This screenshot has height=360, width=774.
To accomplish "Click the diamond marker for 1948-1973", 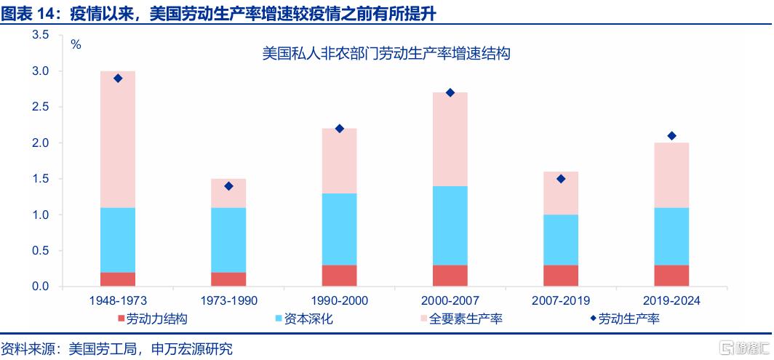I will [x=118, y=78].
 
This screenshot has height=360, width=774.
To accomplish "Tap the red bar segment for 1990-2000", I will [x=339, y=276].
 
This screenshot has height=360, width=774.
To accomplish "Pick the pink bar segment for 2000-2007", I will [x=450, y=139].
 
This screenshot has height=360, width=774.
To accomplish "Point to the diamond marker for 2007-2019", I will [x=560, y=179].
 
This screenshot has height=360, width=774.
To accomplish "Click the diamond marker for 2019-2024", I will [x=671, y=136].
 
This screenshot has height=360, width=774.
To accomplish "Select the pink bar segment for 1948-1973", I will [x=118, y=139].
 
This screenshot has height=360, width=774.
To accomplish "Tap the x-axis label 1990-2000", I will [x=339, y=300].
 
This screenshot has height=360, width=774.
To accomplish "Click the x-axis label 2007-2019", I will [x=560, y=300].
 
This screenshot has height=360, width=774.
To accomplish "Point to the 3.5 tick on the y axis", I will [x=40, y=35].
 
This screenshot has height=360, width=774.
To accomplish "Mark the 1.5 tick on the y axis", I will [x=40, y=179].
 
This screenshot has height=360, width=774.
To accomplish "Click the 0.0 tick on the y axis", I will [x=40, y=287].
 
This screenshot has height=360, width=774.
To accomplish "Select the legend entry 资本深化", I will [x=303, y=319].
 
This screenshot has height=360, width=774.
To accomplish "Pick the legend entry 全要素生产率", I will [x=466, y=319].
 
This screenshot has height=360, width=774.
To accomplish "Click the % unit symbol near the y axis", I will [x=76, y=44].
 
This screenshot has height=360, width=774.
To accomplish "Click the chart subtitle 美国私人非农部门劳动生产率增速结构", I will [x=386, y=54].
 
